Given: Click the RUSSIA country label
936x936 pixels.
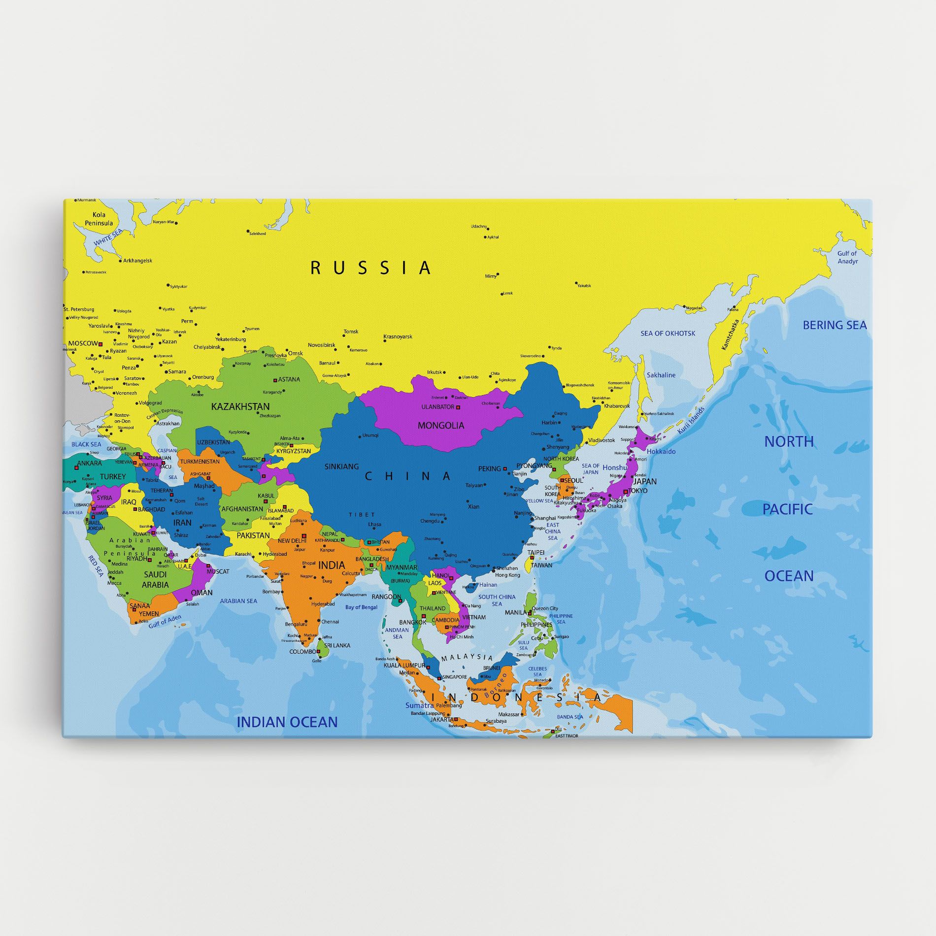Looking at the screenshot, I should click(x=370, y=268).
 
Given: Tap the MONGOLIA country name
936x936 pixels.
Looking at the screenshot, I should click(x=441, y=425).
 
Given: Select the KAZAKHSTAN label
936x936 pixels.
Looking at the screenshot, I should click(x=240, y=406).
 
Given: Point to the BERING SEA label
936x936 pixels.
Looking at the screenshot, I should click(x=835, y=325).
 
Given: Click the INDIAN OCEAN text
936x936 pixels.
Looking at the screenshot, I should click(x=287, y=722).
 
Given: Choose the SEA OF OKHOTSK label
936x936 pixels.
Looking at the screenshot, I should click(x=668, y=334).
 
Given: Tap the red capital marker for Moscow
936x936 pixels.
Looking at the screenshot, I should click(x=100, y=344).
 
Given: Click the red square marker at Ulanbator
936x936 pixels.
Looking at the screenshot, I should click(x=458, y=407).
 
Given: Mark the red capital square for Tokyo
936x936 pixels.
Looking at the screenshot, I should click(x=626, y=491).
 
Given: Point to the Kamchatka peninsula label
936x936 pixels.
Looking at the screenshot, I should click(x=730, y=335).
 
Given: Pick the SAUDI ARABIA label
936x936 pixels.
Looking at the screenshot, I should click(x=155, y=579).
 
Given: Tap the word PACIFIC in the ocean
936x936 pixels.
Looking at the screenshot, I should click(x=787, y=509).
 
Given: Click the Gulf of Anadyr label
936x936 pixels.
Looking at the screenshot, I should click(x=847, y=257).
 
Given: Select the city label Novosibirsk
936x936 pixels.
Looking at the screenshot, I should click(x=321, y=345).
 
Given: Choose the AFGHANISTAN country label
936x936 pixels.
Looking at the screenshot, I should click(x=242, y=509).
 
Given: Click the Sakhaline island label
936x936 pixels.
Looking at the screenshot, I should click(x=661, y=375).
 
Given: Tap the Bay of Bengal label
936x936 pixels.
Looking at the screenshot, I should click(x=361, y=607).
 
